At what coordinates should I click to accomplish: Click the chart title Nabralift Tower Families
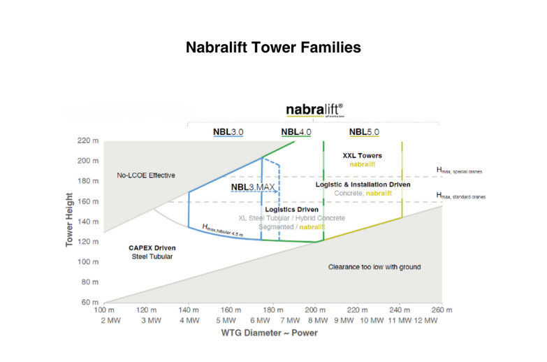[273, 48]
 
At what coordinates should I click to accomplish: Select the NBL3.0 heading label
[228, 131]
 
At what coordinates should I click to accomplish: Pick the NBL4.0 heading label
[296, 131]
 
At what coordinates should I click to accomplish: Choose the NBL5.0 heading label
[364, 131]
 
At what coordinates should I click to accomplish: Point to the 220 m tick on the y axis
[87, 140]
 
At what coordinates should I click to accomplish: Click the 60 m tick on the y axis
[89, 303]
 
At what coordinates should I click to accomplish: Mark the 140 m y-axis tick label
[87, 222]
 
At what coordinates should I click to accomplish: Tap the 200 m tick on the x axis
[316, 310]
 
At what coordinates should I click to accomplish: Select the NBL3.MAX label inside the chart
[253, 187]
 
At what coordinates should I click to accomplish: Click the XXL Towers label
[363, 155]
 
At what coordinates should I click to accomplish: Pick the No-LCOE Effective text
[145, 175]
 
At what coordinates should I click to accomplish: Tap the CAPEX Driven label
[152, 247]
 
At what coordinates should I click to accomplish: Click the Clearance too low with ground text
[374, 267]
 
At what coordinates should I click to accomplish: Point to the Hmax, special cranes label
[459, 171]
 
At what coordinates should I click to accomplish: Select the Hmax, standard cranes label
[460, 196]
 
